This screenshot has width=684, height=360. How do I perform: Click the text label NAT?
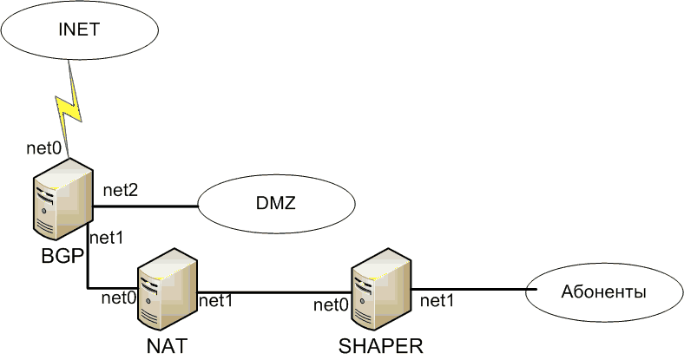[168, 347]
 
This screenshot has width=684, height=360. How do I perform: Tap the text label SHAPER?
[381, 348]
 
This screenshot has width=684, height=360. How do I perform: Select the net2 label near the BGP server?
[122, 189]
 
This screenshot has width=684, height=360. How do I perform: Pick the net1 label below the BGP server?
[108, 236]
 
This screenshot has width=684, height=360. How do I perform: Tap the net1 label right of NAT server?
[217, 301]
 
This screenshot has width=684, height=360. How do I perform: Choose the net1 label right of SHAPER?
[438, 301]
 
